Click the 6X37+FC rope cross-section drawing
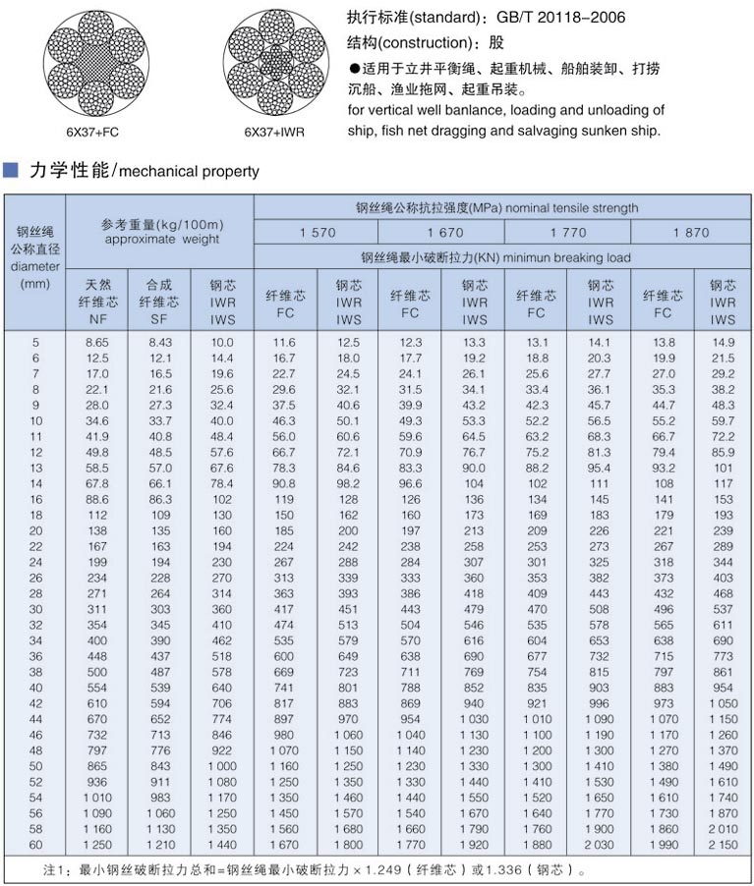pyautogui.click(x=96, y=61)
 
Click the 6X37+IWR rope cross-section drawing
pyautogui.click(x=272, y=61)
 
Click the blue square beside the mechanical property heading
pyautogui.click(x=11, y=170)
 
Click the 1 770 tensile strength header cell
pyautogui.click(x=567, y=233)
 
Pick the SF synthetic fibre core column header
pyautogui.click(x=159, y=302)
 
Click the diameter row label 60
pyautogui.click(x=35, y=844)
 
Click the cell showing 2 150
pyautogui.click(x=722, y=844)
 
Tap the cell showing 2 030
pyautogui.click(x=598, y=844)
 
